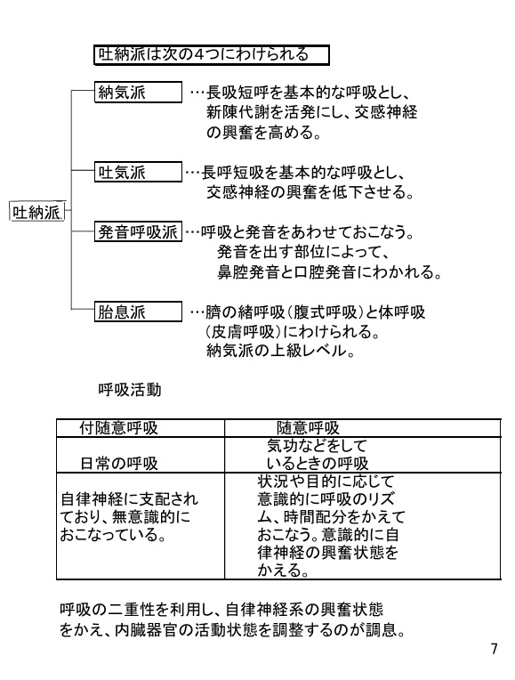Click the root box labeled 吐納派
point(36,212)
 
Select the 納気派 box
point(138,93)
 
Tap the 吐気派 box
point(138,172)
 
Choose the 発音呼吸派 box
point(138,231)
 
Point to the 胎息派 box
point(138,312)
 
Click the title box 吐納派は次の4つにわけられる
point(212,55)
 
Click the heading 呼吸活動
point(130,390)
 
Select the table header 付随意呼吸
point(118,428)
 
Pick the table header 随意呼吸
point(308,428)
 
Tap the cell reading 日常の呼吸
point(119,464)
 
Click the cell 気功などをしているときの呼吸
point(318,455)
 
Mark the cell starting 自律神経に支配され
point(129,517)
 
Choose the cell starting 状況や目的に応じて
point(331,526)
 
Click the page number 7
point(494,649)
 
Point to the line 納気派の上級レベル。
point(280,351)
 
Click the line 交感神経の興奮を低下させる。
point(310,191)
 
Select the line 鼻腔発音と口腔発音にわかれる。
point(329,272)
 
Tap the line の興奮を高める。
point(263,133)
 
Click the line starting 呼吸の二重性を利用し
point(221,610)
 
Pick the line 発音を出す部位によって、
point(303,252)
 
